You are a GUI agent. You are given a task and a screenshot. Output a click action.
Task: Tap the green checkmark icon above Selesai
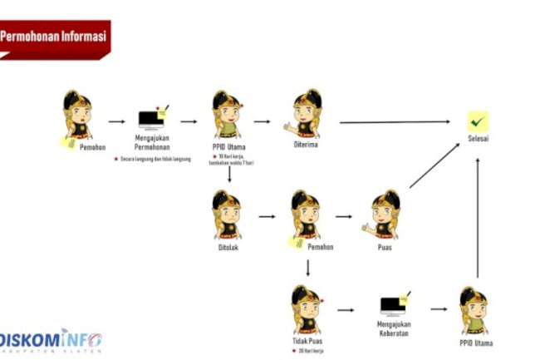pyautogui.click(x=478, y=121)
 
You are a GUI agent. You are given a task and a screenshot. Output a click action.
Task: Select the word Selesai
pyautogui.click(x=478, y=139)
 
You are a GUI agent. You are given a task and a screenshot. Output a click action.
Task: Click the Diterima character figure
pyautogui.click(x=306, y=115)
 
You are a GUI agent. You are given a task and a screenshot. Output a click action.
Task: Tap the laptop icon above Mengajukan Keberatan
pyautogui.click(x=394, y=306)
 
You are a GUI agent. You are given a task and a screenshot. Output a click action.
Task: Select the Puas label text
pyautogui.click(x=385, y=247)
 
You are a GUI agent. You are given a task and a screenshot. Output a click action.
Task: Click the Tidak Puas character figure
pyautogui.click(x=306, y=308)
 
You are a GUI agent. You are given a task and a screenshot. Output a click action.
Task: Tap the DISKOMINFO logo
pyautogui.click(x=52, y=341)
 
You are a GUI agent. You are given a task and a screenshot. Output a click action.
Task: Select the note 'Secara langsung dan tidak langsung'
pyautogui.click(x=154, y=158)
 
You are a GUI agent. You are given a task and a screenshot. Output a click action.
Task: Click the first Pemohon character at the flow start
pyautogui.click(x=76, y=116)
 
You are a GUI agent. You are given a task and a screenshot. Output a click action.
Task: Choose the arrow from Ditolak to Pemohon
pyautogui.click(x=267, y=216)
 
